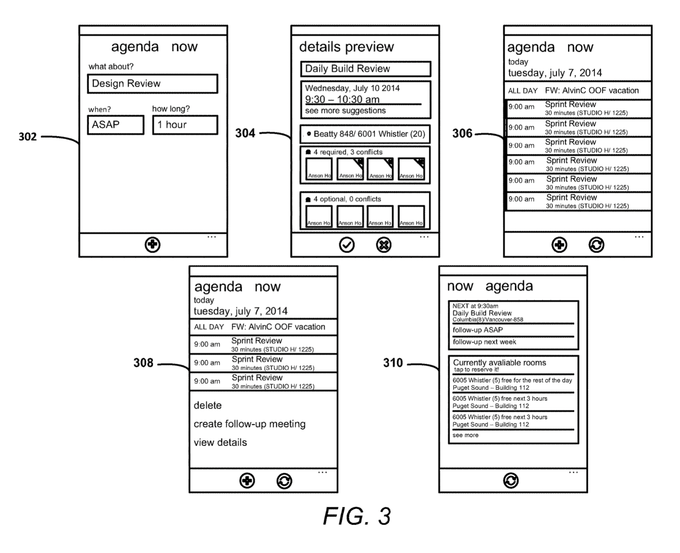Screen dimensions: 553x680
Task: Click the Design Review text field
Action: [152, 84]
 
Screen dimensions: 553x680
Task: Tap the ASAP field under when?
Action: [115, 125]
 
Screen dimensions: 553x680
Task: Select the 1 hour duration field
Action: [185, 125]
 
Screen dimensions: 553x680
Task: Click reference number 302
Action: [27, 137]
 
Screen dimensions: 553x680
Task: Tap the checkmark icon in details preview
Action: [347, 245]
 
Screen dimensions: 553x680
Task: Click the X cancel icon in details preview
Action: [384, 245]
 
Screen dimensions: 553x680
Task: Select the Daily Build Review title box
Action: [365, 69]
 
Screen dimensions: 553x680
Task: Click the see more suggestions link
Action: [345, 111]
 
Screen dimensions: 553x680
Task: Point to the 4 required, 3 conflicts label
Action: [347, 152]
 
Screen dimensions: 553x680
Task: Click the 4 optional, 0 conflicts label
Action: [346, 199]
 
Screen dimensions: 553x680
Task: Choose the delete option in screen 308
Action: [208, 406]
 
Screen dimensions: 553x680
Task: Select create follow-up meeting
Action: [250, 424]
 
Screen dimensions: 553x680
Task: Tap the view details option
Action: [220, 442]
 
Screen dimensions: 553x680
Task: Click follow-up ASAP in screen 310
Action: [478, 330]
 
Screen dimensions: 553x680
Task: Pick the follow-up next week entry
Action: [484, 342]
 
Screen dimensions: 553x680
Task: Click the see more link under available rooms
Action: [465, 435]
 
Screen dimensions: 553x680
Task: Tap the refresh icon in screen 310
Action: [511, 480]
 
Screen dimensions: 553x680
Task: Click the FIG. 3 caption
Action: [357, 516]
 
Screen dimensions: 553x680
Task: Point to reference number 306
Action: [462, 133]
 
